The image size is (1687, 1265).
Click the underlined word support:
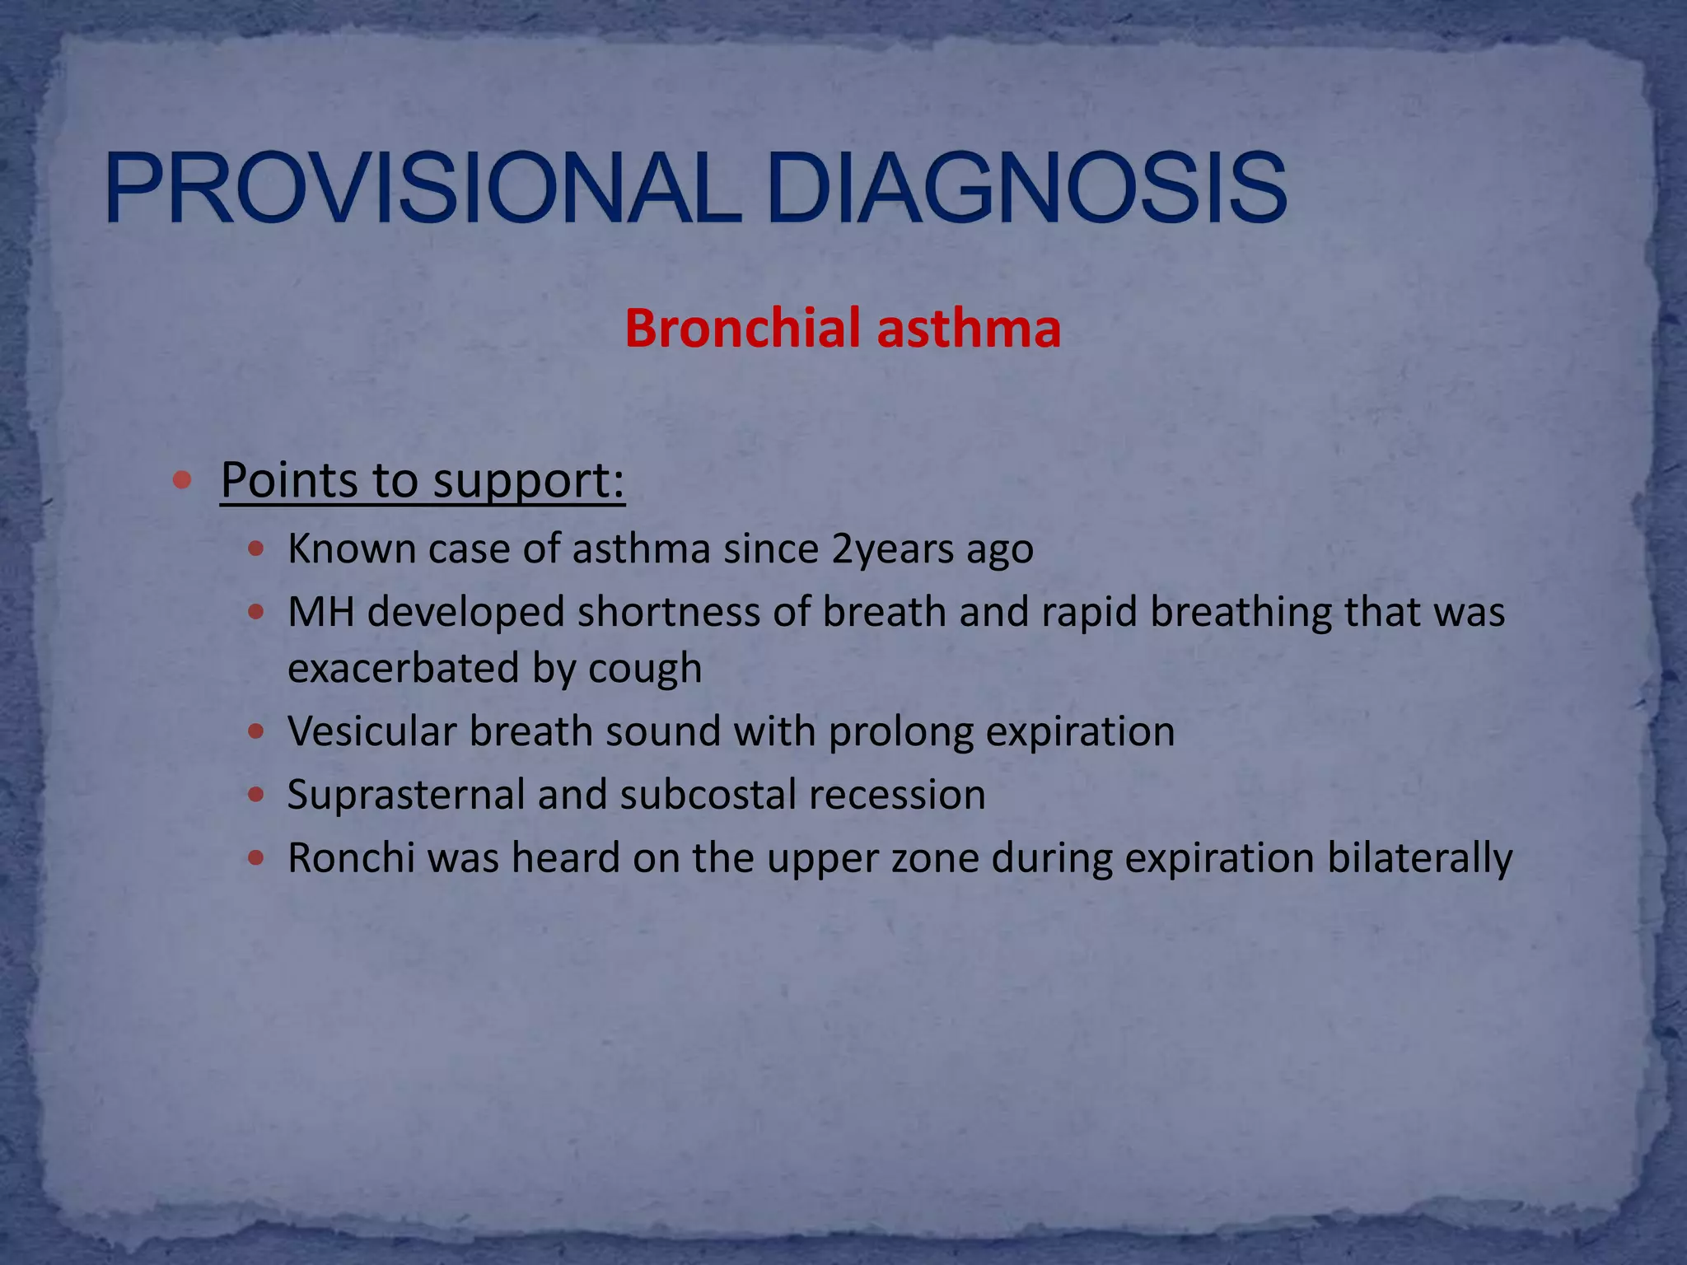pyautogui.click(x=529, y=480)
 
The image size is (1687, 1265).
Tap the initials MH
pyautogui.click(x=320, y=612)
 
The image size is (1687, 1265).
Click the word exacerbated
pyautogui.click(x=403, y=667)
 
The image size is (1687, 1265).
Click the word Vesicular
pyautogui.click(x=372, y=731)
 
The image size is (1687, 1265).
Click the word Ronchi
pyautogui.click(x=351, y=858)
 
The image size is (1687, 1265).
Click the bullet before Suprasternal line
pyautogui.click(x=256, y=795)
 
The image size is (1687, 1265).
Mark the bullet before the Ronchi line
pyautogui.click(x=256, y=858)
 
